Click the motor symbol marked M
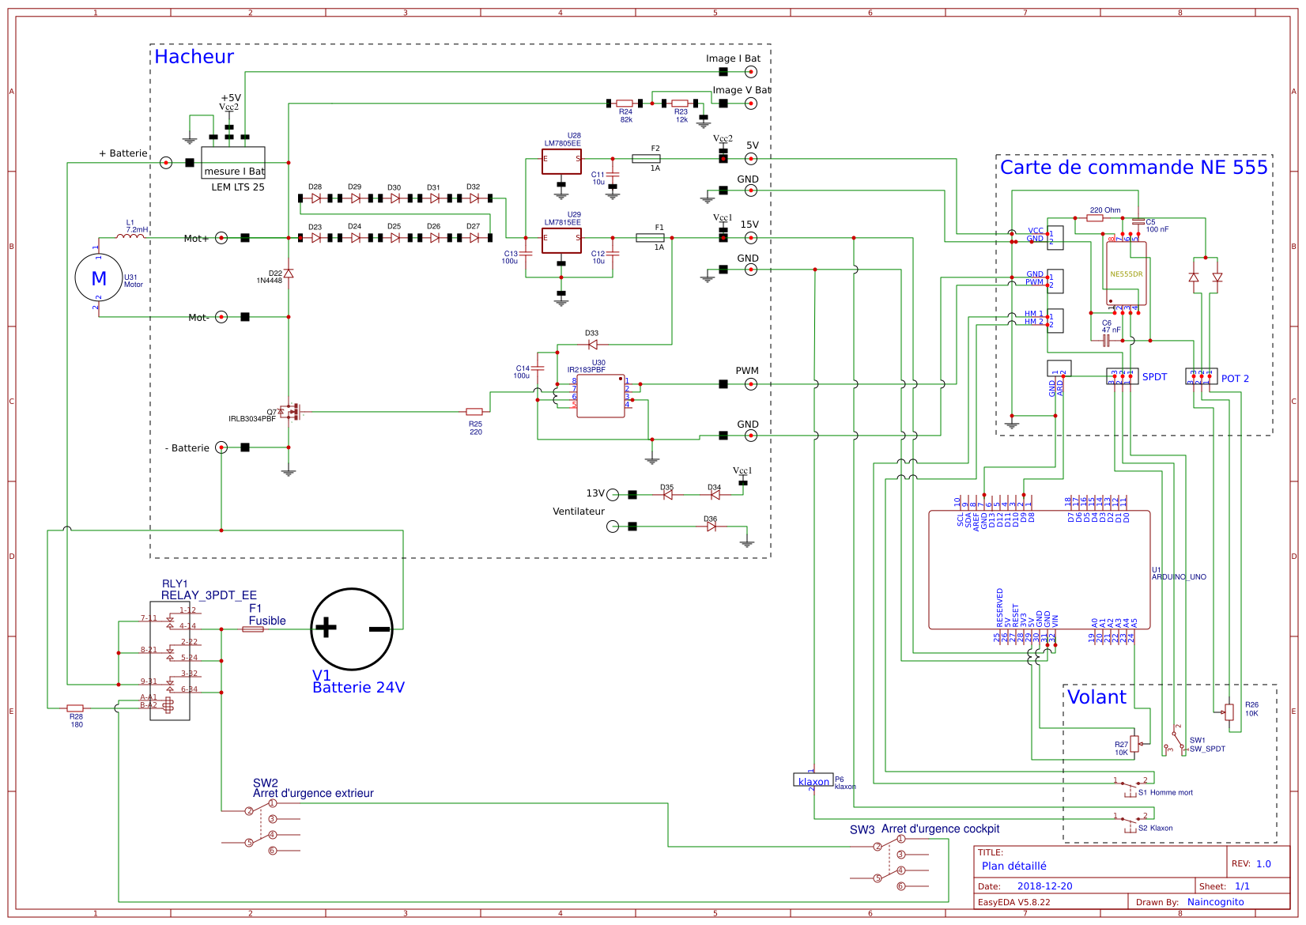[99, 277]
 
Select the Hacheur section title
[194, 57]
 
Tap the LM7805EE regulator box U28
[561, 161]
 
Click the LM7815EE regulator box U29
[561, 240]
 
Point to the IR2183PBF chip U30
[600, 395]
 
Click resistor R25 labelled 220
[474, 412]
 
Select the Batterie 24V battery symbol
[352, 629]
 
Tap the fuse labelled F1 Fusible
[253, 629]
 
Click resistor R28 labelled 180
[75, 708]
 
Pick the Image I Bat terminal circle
[751, 72]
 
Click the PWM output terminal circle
[751, 384]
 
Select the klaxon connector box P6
[813, 780]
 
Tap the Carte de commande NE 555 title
[1133, 168]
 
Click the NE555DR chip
[1126, 274]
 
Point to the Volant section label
[1097, 697]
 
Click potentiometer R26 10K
[1229, 712]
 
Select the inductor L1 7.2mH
[130, 236]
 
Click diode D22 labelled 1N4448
[289, 274]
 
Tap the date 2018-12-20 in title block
[1044, 886]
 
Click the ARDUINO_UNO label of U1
[1179, 577]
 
